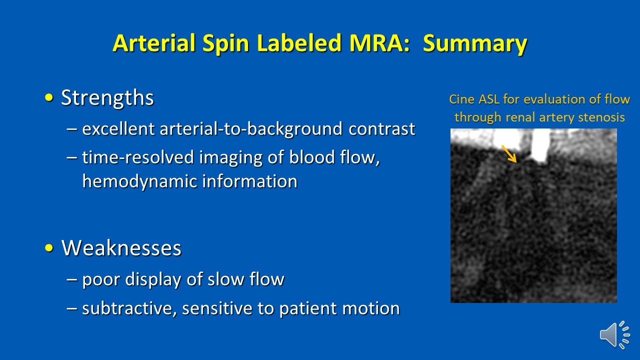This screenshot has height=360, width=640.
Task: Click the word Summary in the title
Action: [475, 43]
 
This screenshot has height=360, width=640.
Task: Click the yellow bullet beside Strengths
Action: [49, 97]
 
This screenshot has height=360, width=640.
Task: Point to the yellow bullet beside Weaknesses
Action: [49, 247]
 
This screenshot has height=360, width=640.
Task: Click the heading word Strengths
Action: [107, 97]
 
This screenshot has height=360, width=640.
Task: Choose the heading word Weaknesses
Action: [121, 247]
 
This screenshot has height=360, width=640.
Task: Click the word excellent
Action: [118, 128]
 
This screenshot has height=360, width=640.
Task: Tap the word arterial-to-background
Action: [251, 129]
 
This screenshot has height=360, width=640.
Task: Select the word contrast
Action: [381, 129]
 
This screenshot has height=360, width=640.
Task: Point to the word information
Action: [249, 181]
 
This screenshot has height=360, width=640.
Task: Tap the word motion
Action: [371, 308]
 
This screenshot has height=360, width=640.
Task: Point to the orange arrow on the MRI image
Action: [509, 154]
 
